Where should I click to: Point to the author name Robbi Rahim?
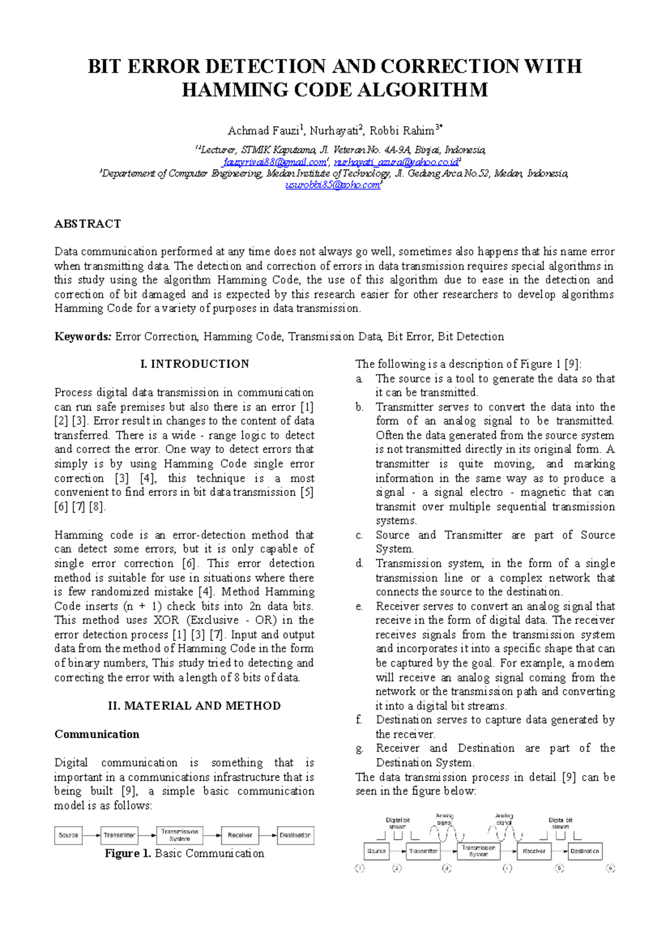click(402, 131)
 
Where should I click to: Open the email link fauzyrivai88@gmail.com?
click(274, 162)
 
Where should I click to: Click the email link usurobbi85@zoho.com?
click(333, 185)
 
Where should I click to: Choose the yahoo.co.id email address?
click(396, 162)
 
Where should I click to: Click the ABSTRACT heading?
click(88, 224)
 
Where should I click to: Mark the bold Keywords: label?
click(83, 337)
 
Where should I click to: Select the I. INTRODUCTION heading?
click(195, 364)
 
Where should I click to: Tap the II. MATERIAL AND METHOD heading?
click(194, 706)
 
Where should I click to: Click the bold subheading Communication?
click(97, 734)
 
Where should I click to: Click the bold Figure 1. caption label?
click(128, 854)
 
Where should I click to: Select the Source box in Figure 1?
click(68, 835)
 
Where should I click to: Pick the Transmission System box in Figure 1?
click(180, 835)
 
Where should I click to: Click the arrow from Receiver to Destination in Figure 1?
click(267, 835)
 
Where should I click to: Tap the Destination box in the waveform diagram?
click(585, 851)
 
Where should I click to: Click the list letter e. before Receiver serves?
click(359, 606)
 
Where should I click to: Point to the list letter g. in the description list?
click(359, 749)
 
